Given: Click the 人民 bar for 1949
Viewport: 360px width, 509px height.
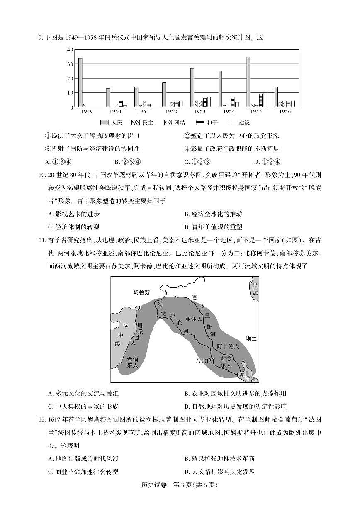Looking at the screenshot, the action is pos(80,83).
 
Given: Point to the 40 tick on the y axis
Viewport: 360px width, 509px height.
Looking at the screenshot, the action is pos(70,50).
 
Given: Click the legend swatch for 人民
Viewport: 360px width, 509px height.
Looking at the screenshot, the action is pos(104,123).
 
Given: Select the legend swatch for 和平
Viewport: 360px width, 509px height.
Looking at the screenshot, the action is pos(200,123).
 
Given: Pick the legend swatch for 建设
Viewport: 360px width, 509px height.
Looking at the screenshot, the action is pos(232,123).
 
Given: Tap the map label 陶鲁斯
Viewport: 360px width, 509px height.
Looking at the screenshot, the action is pos(141,292).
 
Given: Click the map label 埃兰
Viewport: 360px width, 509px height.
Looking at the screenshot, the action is pos(251,339).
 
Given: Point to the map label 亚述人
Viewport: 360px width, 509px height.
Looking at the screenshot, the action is pos(193,319).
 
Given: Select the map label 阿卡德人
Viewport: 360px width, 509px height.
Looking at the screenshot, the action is pos(228,346).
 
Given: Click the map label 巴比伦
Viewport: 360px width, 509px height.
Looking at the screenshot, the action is pos(203,360).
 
